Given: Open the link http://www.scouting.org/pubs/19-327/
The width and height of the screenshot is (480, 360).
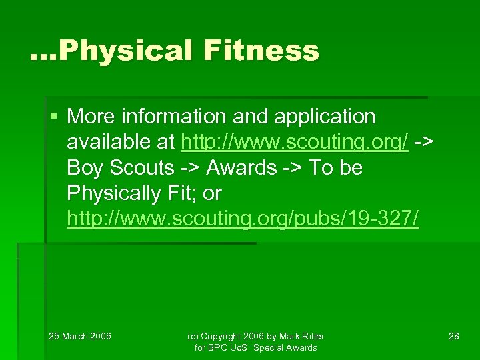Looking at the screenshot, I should tap(243, 219).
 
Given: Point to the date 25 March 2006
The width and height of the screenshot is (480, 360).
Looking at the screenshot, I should tap(80, 336).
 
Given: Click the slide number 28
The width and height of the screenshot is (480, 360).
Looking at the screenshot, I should tap(453, 336).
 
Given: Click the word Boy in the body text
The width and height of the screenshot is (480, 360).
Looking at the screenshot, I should tap(84, 168).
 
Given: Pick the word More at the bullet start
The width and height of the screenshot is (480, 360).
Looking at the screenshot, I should tap(91, 117).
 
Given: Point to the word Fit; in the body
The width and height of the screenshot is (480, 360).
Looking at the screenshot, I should tap(183, 193).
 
